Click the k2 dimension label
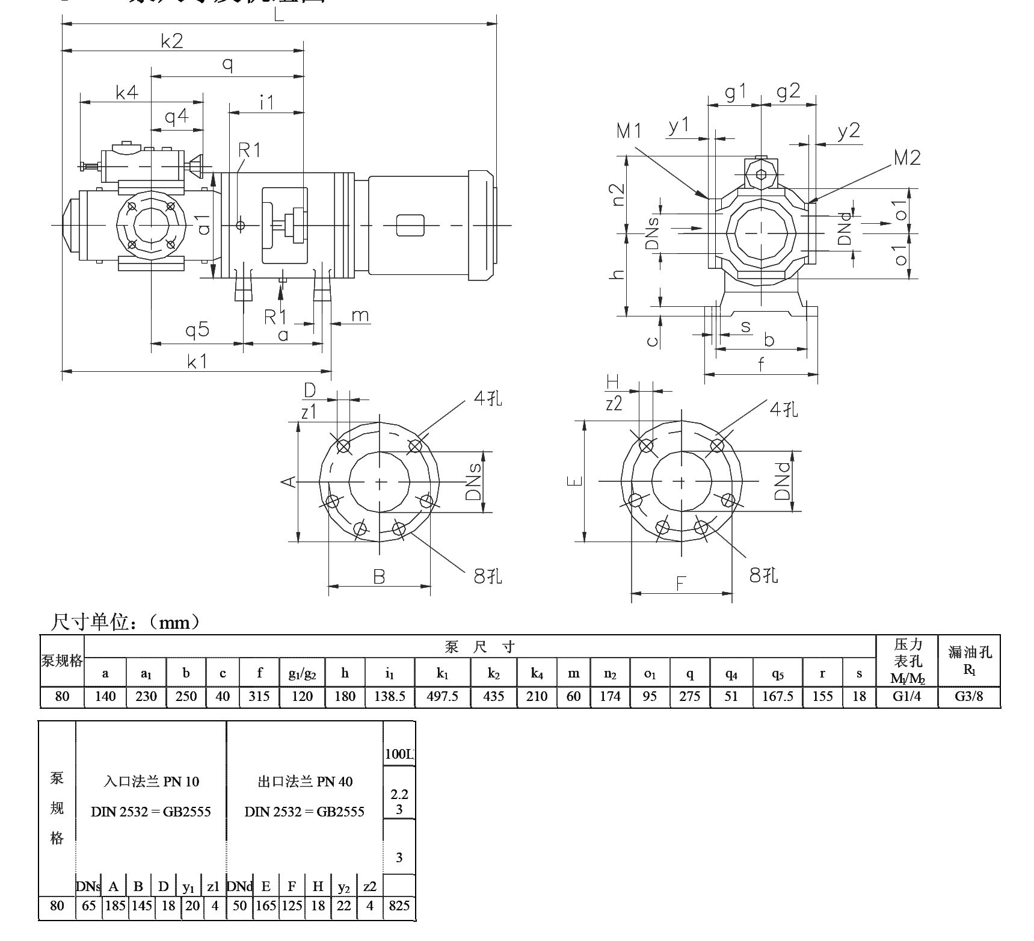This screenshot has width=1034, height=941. [x=171, y=41]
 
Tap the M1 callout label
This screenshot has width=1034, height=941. [x=629, y=131]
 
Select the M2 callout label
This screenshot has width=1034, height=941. [x=906, y=158]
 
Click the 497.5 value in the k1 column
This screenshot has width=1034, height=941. [x=442, y=696]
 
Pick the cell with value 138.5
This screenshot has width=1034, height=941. [x=389, y=696]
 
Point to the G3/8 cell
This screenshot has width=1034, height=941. [x=968, y=696]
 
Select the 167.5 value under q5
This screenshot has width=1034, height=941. [x=778, y=696]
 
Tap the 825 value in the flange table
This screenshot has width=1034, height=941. [x=399, y=906]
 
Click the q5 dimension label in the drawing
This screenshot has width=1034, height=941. [x=197, y=330]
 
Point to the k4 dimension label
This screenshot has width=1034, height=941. [x=127, y=92]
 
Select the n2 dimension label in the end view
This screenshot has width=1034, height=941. [x=618, y=194]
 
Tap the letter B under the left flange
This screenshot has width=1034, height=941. [x=379, y=577]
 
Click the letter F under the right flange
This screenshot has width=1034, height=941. [x=681, y=583]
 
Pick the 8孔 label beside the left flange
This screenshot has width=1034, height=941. [x=487, y=576]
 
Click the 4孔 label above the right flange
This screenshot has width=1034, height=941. [x=784, y=410]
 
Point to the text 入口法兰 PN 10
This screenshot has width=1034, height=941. [x=151, y=782]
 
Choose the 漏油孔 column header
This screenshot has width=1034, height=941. [x=969, y=652]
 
